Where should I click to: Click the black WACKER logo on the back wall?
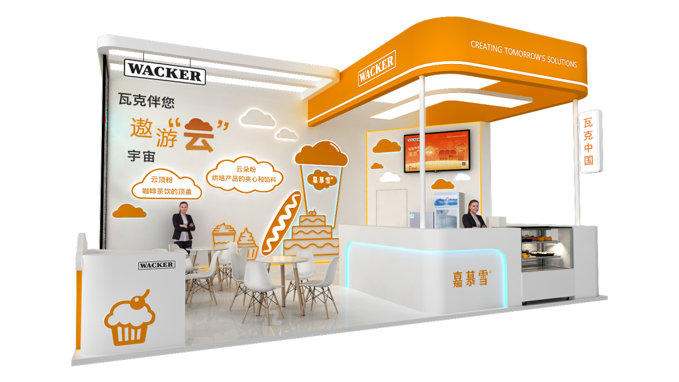165,72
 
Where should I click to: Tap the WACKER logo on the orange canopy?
377,68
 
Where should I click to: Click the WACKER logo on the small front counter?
157,265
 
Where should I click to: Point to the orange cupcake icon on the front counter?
130,318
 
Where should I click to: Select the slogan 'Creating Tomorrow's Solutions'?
523,54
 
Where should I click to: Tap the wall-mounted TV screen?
436,151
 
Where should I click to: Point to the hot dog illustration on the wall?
282,222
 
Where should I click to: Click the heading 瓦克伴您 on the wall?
146,99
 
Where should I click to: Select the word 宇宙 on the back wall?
141,156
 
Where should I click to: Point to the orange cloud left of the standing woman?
130,211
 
